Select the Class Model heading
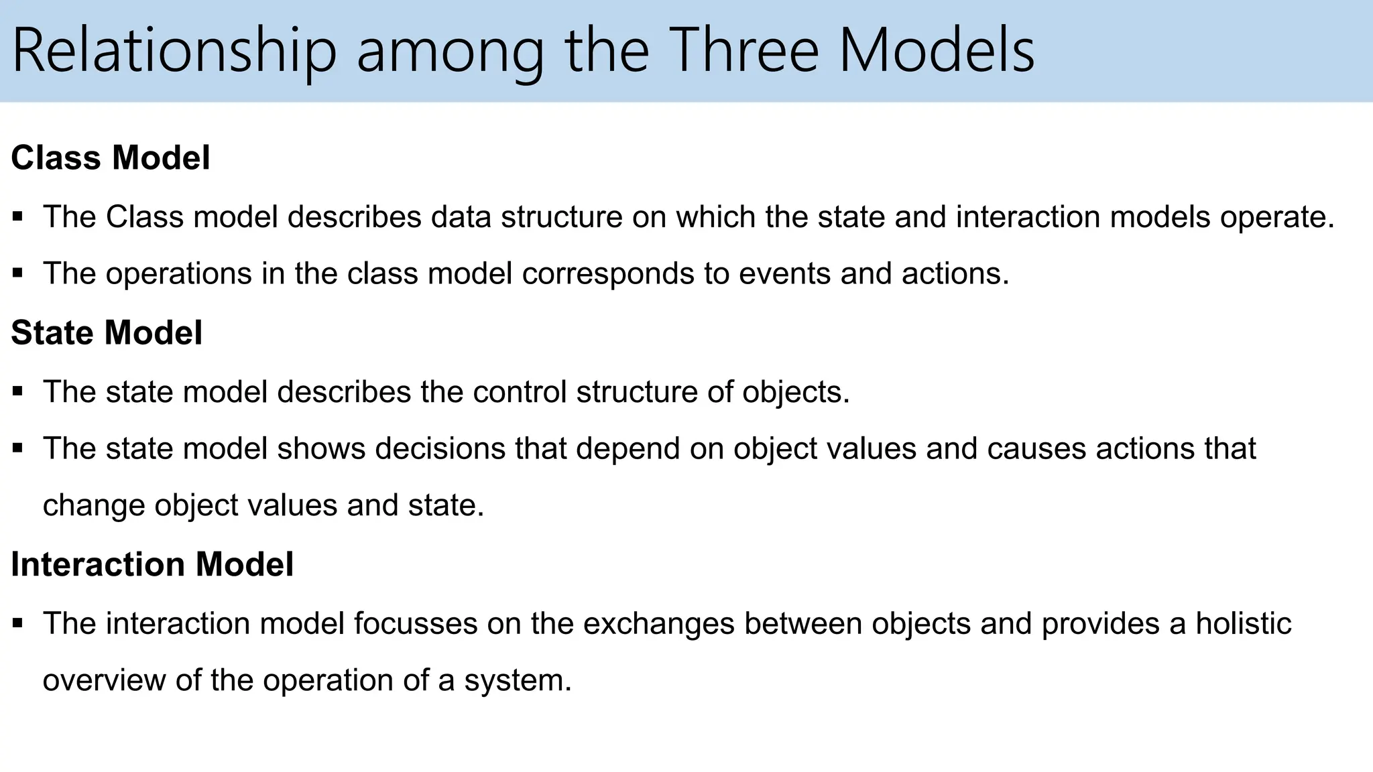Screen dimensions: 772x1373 coord(111,158)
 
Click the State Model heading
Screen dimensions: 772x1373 coord(107,333)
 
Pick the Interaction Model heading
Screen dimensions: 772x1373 coord(152,564)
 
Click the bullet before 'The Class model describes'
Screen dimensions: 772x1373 coord(18,217)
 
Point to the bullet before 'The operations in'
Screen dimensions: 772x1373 coord(18,273)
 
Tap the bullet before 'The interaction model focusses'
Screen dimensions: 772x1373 coord(18,624)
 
